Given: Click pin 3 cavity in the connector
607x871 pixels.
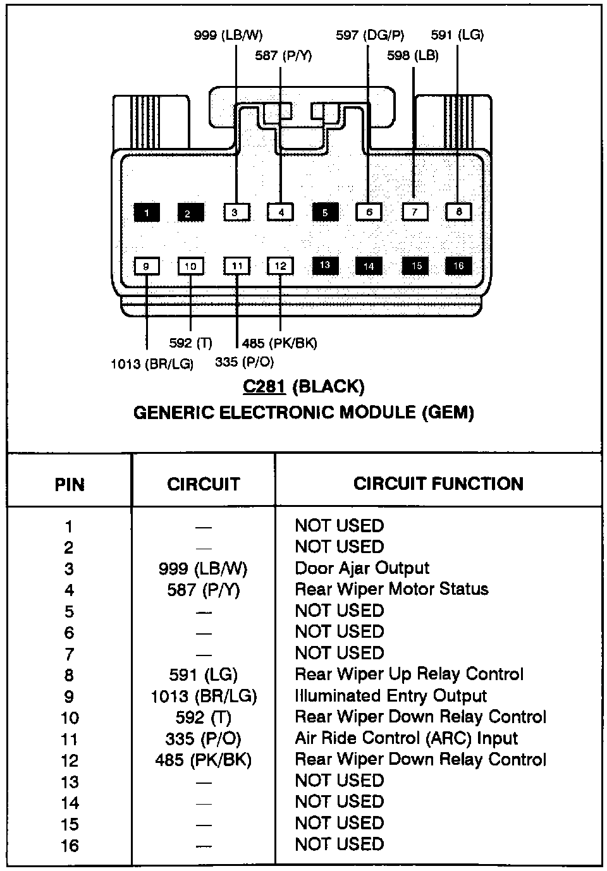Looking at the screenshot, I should click(235, 212).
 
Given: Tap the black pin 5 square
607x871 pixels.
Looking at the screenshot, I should click(325, 212).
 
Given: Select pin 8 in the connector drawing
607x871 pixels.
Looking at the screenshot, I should click(459, 212).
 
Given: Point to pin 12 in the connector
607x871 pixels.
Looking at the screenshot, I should click(280, 266).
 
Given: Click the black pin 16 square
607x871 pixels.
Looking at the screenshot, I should click(458, 266).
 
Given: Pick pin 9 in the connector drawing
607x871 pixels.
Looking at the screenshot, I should click(146, 266).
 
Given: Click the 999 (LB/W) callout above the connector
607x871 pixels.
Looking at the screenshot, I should click(228, 35).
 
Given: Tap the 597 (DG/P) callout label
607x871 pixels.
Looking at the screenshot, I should click(370, 35).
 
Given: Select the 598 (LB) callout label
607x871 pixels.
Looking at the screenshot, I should click(413, 56).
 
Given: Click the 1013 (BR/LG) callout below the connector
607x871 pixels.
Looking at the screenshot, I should click(152, 364).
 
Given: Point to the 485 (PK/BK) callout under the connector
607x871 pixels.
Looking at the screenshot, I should click(279, 343).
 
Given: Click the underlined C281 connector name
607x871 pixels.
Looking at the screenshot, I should click(264, 386).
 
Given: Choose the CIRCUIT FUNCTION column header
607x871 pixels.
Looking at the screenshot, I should click(438, 484).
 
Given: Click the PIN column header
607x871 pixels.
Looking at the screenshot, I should click(70, 485).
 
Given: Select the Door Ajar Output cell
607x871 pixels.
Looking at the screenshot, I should click(362, 568).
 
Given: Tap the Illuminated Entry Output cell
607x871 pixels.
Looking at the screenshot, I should click(390, 696).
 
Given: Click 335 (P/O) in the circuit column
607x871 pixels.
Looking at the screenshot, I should click(203, 738).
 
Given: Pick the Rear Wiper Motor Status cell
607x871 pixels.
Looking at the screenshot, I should click(391, 589).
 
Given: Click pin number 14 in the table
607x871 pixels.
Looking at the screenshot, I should click(70, 803).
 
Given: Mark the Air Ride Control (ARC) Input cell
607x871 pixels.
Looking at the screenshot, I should click(406, 738).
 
